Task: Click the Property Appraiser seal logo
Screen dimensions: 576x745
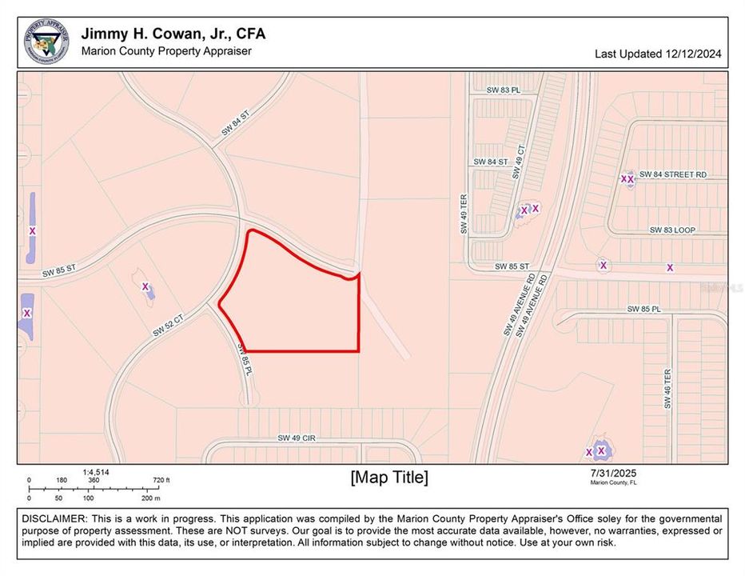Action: point(46,41)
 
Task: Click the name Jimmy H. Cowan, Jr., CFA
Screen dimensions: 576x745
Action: point(173,34)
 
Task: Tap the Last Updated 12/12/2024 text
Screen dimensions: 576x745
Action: point(658,54)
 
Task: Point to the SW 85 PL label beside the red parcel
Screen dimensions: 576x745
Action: point(245,361)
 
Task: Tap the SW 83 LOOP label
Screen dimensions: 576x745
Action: point(672,230)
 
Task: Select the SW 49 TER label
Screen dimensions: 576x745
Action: point(463,215)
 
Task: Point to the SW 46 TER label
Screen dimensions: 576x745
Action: point(667,389)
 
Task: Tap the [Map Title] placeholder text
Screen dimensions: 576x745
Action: point(389,478)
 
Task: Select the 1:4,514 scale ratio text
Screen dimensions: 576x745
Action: point(96,472)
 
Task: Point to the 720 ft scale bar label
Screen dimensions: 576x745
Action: point(161,481)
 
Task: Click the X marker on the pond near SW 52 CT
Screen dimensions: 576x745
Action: point(145,286)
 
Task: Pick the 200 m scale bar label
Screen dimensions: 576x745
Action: point(150,498)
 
